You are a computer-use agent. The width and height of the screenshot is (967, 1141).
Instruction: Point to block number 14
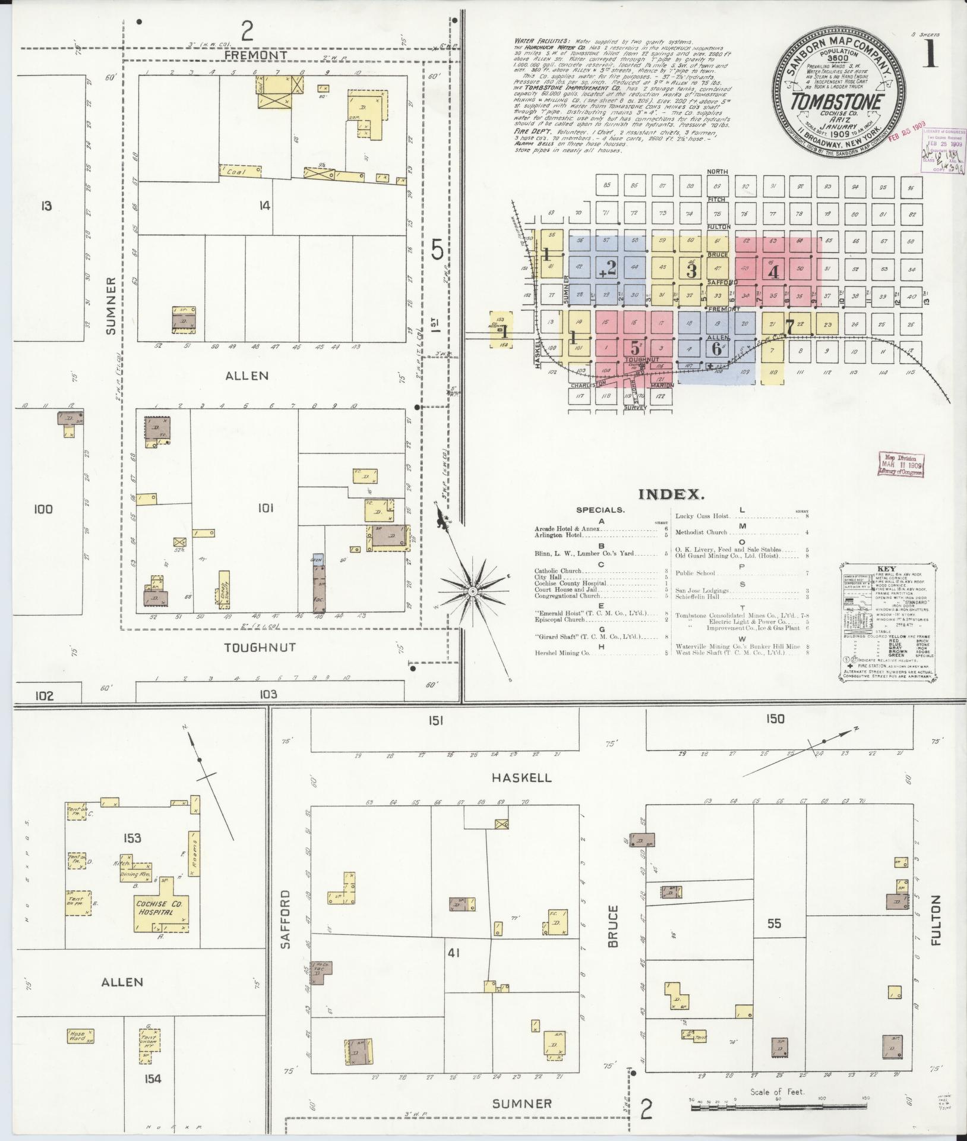pyautogui.click(x=264, y=206)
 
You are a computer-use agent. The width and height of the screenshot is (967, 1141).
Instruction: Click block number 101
pyautogui.click(x=265, y=508)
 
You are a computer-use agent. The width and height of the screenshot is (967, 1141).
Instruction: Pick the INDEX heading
pyautogui.click(x=671, y=494)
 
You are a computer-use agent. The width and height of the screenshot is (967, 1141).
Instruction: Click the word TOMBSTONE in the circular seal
pyautogui.click(x=836, y=102)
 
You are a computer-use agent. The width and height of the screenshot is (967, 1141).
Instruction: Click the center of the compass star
pyautogui.click(x=472, y=591)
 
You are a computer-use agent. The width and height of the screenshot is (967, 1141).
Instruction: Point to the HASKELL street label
pyautogui.click(x=522, y=777)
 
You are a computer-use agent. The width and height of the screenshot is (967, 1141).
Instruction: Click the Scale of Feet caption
pyautogui.click(x=777, y=1092)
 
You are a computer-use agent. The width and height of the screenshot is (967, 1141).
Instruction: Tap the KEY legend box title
pyautogui.click(x=886, y=568)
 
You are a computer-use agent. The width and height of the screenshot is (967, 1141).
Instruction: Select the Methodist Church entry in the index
pyautogui.click(x=701, y=532)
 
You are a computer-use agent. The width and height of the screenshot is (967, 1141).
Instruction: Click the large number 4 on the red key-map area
pyautogui.click(x=773, y=272)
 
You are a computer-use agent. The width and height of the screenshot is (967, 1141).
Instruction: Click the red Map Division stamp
pyautogui.click(x=900, y=464)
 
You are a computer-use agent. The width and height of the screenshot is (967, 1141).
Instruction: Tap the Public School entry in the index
pyautogui.click(x=698, y=573)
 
